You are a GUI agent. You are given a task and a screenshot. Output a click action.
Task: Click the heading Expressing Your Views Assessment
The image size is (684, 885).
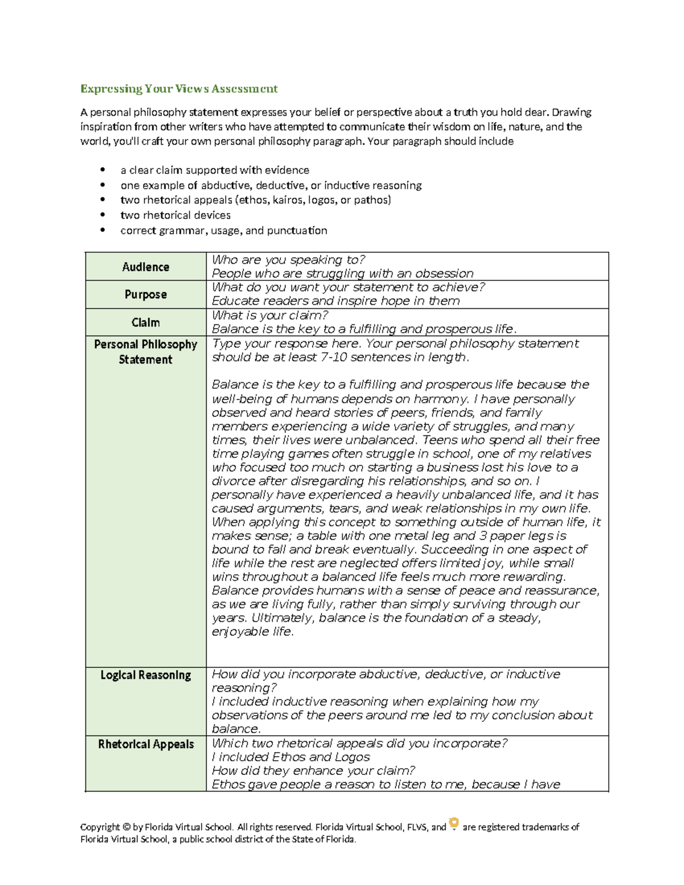point(178,88)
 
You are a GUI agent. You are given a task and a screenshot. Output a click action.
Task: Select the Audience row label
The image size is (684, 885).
point(145,267)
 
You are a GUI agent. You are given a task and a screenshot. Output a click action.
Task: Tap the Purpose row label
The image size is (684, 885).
point(145,295)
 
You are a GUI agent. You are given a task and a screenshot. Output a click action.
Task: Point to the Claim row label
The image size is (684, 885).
point(145,323)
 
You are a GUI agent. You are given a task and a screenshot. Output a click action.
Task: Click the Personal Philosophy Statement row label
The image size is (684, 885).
point(145,352)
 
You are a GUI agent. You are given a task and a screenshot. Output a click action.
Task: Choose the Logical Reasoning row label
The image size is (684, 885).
point(145,675)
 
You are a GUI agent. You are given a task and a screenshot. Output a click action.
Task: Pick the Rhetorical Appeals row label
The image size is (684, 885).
point(145,744)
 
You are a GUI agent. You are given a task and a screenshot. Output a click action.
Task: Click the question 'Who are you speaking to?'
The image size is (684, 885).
point(288,260)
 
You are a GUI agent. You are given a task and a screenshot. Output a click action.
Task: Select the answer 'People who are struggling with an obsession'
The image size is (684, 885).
point(342,274)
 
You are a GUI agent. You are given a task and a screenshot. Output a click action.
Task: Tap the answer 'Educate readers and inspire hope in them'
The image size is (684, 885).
point(335,301)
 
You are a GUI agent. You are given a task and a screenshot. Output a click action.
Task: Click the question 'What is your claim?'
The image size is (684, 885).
point(270,315)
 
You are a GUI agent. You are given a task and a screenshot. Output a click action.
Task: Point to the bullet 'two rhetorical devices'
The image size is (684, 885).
point(176,215)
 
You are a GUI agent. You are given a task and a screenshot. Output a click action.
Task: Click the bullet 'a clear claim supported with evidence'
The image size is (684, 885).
point(214,170)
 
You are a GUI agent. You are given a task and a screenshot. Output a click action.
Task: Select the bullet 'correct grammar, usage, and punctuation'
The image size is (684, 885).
point(223,230)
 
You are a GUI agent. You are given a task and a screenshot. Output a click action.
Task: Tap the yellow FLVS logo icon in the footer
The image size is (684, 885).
point(454,823)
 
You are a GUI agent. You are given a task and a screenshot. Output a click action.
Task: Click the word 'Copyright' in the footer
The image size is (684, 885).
point(100,827)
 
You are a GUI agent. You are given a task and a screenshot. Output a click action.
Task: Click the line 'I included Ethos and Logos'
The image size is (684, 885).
point(291,757)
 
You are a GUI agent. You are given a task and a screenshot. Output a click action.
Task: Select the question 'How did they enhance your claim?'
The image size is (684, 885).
point(313,771)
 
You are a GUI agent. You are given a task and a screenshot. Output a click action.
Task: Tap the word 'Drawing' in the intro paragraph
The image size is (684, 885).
point(571,112)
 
